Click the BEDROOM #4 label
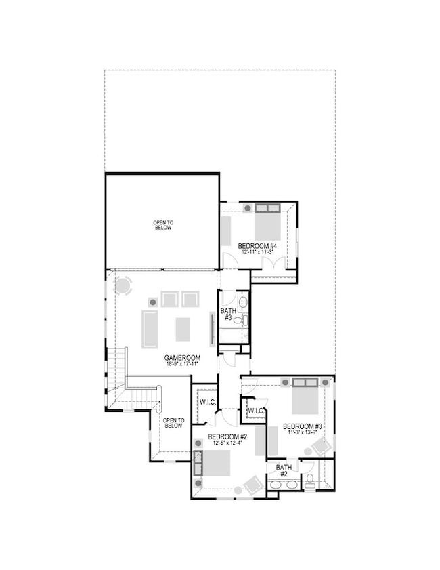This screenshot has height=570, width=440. click(257, 245)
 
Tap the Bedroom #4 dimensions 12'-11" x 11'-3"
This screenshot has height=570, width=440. click(257, 252)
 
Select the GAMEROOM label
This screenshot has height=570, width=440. click(181, 357)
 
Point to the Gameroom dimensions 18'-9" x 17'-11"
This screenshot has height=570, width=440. click(181, 364)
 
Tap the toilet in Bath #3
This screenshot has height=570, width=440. click(240, 319)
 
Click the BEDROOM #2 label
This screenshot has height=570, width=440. click(227, 436)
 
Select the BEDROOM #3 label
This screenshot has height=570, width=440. click(302, 426)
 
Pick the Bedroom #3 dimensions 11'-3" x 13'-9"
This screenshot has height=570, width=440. click(302, 433)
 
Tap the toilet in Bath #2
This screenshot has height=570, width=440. click(309, 481)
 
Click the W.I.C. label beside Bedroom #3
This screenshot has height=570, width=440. click(255, 411)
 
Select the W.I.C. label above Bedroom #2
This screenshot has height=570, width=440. click(206, 402)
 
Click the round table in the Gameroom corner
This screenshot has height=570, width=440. click(123, 286)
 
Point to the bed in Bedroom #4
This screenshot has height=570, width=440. click(267, 226)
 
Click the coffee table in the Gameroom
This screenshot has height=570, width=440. click(183, 329)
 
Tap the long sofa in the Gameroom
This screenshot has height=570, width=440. click(150, 329)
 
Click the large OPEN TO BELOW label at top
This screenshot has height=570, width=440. click(162, 224)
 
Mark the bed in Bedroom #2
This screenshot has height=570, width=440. click(216, 464)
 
